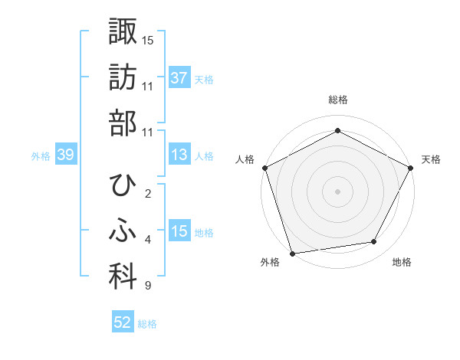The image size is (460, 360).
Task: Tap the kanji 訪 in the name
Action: point(122,78)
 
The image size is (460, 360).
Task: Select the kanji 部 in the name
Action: point(122,125)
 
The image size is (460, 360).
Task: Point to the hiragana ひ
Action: point(122,185)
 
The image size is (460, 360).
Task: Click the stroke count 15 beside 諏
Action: point(148,39)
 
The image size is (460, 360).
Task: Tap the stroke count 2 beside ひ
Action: point(148,194)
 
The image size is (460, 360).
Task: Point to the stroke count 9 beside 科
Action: point(148,286)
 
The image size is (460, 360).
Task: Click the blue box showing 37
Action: point(179,78)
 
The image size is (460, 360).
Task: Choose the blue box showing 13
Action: point(179,155)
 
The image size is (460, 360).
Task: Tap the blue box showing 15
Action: point(179,232)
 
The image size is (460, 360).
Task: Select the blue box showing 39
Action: point(65,155)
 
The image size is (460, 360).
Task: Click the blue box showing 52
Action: point(123,322)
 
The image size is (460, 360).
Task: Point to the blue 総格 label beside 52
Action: point(147,324)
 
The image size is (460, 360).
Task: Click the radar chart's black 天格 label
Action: point(431,159)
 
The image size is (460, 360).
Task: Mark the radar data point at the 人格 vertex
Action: point(265,168)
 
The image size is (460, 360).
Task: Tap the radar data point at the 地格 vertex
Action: point(374,242)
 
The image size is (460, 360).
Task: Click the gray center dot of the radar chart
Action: point(337,191)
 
